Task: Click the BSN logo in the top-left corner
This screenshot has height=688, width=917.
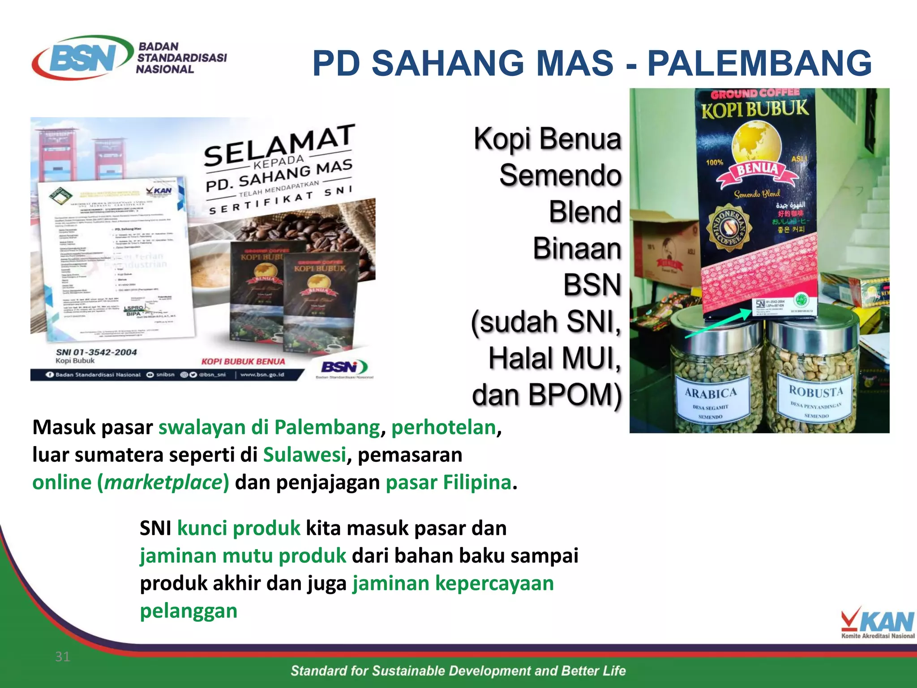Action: (x=83, y=57)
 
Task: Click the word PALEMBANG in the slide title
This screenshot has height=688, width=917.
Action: (x=759, y=64)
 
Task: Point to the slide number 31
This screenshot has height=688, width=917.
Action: (x=62, y=657)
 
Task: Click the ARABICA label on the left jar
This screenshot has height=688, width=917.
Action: (x=711, y=393)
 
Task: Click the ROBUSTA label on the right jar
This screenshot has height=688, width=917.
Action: (x=816, y=391)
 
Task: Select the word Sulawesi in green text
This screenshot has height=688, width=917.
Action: (x=304, y=455)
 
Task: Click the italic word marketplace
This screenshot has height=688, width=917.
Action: (x=163, y=482)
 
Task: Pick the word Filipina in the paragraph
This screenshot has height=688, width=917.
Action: (x=477, y=482)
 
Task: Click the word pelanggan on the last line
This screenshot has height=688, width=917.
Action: (x=189, y=611)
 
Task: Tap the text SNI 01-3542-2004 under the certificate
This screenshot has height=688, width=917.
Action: (x=96, y=353)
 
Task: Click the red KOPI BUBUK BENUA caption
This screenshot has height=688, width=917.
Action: (x=243, y=361)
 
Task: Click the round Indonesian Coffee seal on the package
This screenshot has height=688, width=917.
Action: (x=728, y=228)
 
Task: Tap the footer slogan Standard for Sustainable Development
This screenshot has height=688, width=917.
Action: (x=458, y=671)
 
